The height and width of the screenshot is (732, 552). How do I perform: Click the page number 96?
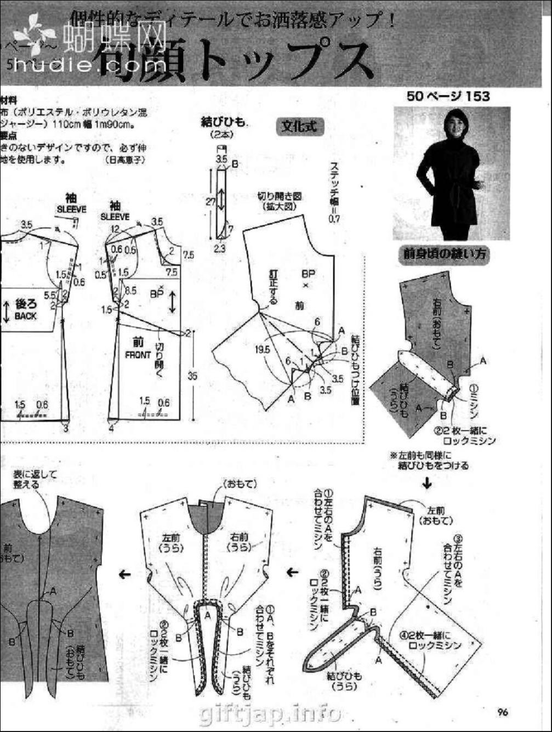(x=503, y=713)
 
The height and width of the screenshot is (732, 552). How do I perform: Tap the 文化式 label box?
(x=299, y=127)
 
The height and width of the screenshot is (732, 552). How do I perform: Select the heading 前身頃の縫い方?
(x=444, y=254)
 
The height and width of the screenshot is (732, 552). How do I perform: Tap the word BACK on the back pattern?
(x=25, y=316)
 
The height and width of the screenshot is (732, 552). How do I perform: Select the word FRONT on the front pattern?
(x=138, y=355)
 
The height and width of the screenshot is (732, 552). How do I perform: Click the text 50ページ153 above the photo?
(x=448, y=96)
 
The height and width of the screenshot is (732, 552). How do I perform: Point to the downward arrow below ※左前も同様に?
(x=427, y=484)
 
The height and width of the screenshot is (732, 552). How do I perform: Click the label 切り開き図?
(x=280, y=196)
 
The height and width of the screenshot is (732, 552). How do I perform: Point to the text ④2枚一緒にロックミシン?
(x=430, y=641)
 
